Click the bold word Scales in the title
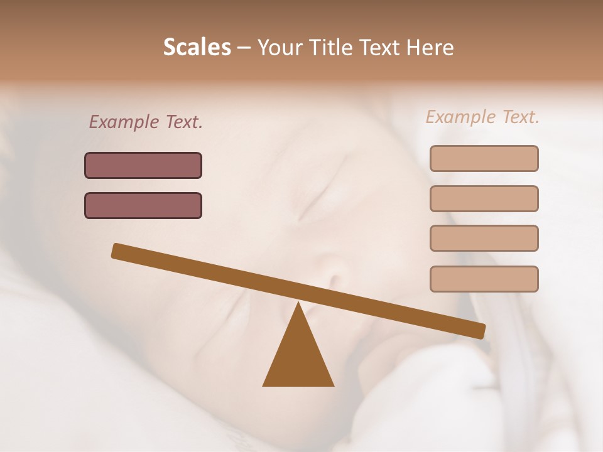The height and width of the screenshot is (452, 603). [x=197, y=47]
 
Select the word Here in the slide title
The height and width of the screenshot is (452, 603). [x=430, y=47]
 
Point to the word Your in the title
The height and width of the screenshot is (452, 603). [x=280, y=47]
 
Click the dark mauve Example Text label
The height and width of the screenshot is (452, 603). [x=146, y=122]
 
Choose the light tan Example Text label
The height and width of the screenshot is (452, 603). [x=482, y=117]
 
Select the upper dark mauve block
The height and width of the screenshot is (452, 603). [x=143, y=165]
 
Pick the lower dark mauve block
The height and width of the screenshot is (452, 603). [x=143, y=205]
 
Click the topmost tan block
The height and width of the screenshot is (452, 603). [x=484, y=158]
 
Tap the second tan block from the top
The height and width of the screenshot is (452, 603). [x=484, y=198]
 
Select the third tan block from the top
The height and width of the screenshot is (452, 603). [x=484, y=238]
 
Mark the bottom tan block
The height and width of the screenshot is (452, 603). [x=484, y=279]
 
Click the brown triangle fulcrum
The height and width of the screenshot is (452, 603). [x=298, y=358]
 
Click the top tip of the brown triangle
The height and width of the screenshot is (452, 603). [x=298, y=305]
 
